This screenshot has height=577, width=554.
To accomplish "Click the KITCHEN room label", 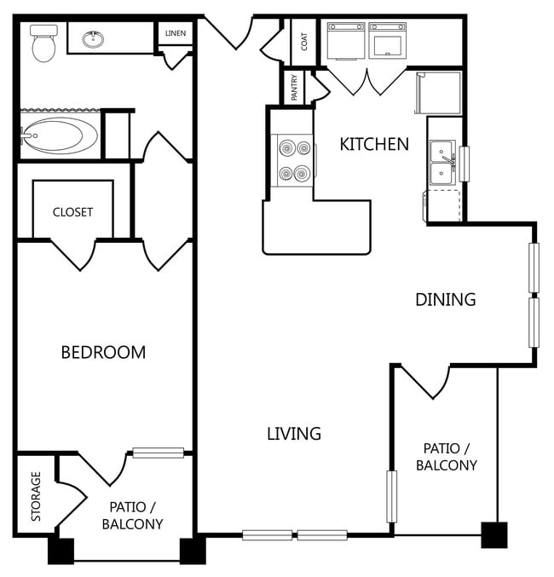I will (x=374, y=144).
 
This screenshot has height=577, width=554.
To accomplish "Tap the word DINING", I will (x=445, y=299).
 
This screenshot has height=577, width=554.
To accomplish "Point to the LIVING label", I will (x=294, y=433).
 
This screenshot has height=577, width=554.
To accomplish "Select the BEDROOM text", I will (x=103, y=352).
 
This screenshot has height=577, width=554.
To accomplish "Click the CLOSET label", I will (x=72, y=212).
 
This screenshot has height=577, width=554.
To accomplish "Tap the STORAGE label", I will (x=37, y=496).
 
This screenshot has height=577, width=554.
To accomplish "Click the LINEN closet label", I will (x=176, y=33).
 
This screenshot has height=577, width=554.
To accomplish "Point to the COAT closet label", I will (x=304, y=40).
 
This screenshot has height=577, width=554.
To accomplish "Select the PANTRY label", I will (x=294, y=86).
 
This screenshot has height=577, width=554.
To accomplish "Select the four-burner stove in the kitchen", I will (x=291, y=161).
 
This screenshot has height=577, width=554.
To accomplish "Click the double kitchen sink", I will (x=442, y=162).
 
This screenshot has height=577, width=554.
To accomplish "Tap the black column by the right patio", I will (x=493, y=534).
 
